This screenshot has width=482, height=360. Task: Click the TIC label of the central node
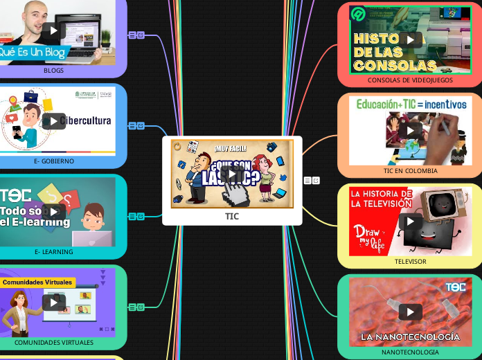[232, 216]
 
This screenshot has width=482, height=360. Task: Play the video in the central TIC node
[231, 173]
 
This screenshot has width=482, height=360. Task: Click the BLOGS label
[53, 71]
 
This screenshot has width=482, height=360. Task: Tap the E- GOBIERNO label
[53, 161]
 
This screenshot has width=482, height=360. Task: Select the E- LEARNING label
[53, 252]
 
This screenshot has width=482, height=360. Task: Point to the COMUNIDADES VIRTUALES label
[53, 343]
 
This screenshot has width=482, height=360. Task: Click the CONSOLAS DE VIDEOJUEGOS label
[410, 80]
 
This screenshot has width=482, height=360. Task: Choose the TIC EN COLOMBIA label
[410, 171]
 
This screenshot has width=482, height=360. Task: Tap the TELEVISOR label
[410, 262]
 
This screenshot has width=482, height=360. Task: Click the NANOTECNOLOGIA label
[410, 352]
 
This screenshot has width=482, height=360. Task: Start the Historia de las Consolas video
[410, 39]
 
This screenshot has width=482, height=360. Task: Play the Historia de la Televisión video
[410, 221]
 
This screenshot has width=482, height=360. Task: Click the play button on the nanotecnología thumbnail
[410, 312]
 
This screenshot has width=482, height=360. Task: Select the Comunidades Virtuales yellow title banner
[37, 282]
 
